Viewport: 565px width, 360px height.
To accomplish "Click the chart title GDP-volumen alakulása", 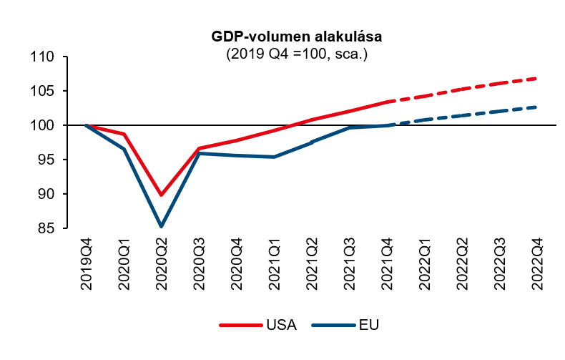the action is pyautogui.click(x=296, y=37).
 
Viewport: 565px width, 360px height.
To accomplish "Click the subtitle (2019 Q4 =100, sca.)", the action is pyautogui.click(x=297, y=54).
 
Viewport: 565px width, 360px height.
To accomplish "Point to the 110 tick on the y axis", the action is pyautogui.click(x=42, y=57).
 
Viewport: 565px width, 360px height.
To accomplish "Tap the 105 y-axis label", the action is pyautogui.click(x=42, y=91).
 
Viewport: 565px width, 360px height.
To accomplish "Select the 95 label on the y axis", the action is pyautogui.click(x=46, y=160).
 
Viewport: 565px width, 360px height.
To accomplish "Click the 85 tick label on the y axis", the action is pyautogui.click(x=46, y=228).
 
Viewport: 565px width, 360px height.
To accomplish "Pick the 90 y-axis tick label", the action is pyautogui.click(x=46, y=194).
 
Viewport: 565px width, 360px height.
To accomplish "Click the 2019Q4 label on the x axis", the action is pyautogui.click(x=86, y=264).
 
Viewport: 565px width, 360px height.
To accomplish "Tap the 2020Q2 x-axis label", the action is pyautogui.click(x=162, y=264).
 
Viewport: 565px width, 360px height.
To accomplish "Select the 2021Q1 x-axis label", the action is pyautogui.click(x=275, y=264).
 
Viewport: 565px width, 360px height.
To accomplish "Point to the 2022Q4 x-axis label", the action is pyautogui.click(x=538, y=264).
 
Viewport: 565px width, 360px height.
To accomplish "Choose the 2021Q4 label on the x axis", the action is pyautogui.click(x=388, y=264).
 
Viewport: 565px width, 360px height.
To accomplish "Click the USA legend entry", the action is pyautogui.click(x=258, y=325).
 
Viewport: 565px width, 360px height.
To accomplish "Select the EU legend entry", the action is pyautogui.click(x=345, y=325).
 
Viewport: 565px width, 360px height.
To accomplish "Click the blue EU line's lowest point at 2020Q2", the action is pyautogui.click(x=162, y=226).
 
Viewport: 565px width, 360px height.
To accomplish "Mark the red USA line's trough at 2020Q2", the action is pyautogui.click(x=162, y=195).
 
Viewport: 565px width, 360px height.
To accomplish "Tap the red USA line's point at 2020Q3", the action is pyautogui.click(x=199, y=148).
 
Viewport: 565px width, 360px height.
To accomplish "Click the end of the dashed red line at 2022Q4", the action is pyautogui.click(x=536, y=78).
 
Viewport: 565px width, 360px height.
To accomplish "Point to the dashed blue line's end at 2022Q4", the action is pyautogui.click(x=536, y=107).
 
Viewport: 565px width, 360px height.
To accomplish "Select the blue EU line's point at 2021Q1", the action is pyautogui.click(x=274, y=157).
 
